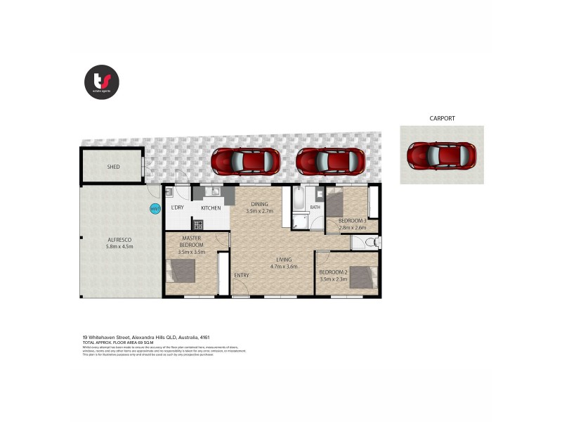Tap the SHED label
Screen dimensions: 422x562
point(113,167)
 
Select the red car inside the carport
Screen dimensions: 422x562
point(441,155)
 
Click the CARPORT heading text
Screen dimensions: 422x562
point(442,119)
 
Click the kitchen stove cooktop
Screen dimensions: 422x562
point(198,224)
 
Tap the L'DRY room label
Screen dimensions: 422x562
point(177,208)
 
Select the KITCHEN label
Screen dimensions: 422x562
point(211,208)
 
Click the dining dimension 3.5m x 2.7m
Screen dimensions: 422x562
point(259,211)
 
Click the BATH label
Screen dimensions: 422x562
point(315,207)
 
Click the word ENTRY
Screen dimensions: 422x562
point(242,275)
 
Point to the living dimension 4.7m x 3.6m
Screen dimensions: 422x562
point(284,267)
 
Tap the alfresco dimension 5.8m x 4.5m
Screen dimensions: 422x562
point(119,247)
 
